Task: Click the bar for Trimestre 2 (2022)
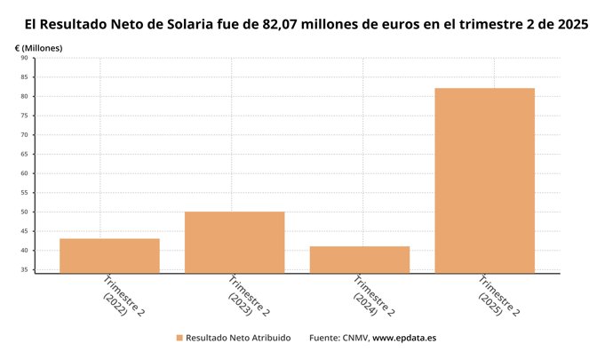(109, 255)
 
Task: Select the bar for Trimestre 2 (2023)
(235, 242)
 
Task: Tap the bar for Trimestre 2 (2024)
(360, 259)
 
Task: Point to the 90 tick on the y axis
(24, 58)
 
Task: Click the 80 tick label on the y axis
(24, 96)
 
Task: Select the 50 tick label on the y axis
(24, 212)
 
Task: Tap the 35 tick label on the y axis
(24, 269)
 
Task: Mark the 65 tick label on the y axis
(24, 154)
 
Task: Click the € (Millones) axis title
(39, 46)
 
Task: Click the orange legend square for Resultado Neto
(179, 339)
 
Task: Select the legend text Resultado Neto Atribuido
(237, 339)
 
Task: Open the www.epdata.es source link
(404, 339)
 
